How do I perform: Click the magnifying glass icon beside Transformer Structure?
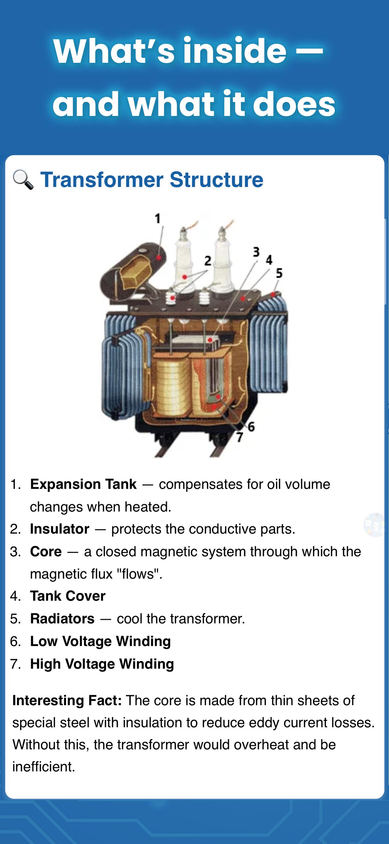tap(23, 180)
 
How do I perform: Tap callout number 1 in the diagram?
tap(158, 218)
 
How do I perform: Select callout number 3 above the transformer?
tap(256, 252)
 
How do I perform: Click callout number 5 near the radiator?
tap(279, 273)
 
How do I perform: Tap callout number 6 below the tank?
tap(251, 427)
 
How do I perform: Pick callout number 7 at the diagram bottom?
tap(240, 437)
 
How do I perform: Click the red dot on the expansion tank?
tap(159, 257)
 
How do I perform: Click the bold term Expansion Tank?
tap(83, 484)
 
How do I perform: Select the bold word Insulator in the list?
tap(60, 529)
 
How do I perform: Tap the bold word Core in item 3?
tap(46, 551)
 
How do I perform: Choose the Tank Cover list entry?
tap(68, 596)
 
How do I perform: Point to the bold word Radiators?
tap(62, 619)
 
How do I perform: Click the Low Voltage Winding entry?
tap(100, 641)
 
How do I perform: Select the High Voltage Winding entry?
tap(102, 664)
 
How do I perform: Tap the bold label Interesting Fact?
tap(67, 701)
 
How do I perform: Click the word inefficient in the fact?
tap(44, 767)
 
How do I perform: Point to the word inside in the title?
tap(235, 51)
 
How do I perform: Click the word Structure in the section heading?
tap(217, 180)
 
